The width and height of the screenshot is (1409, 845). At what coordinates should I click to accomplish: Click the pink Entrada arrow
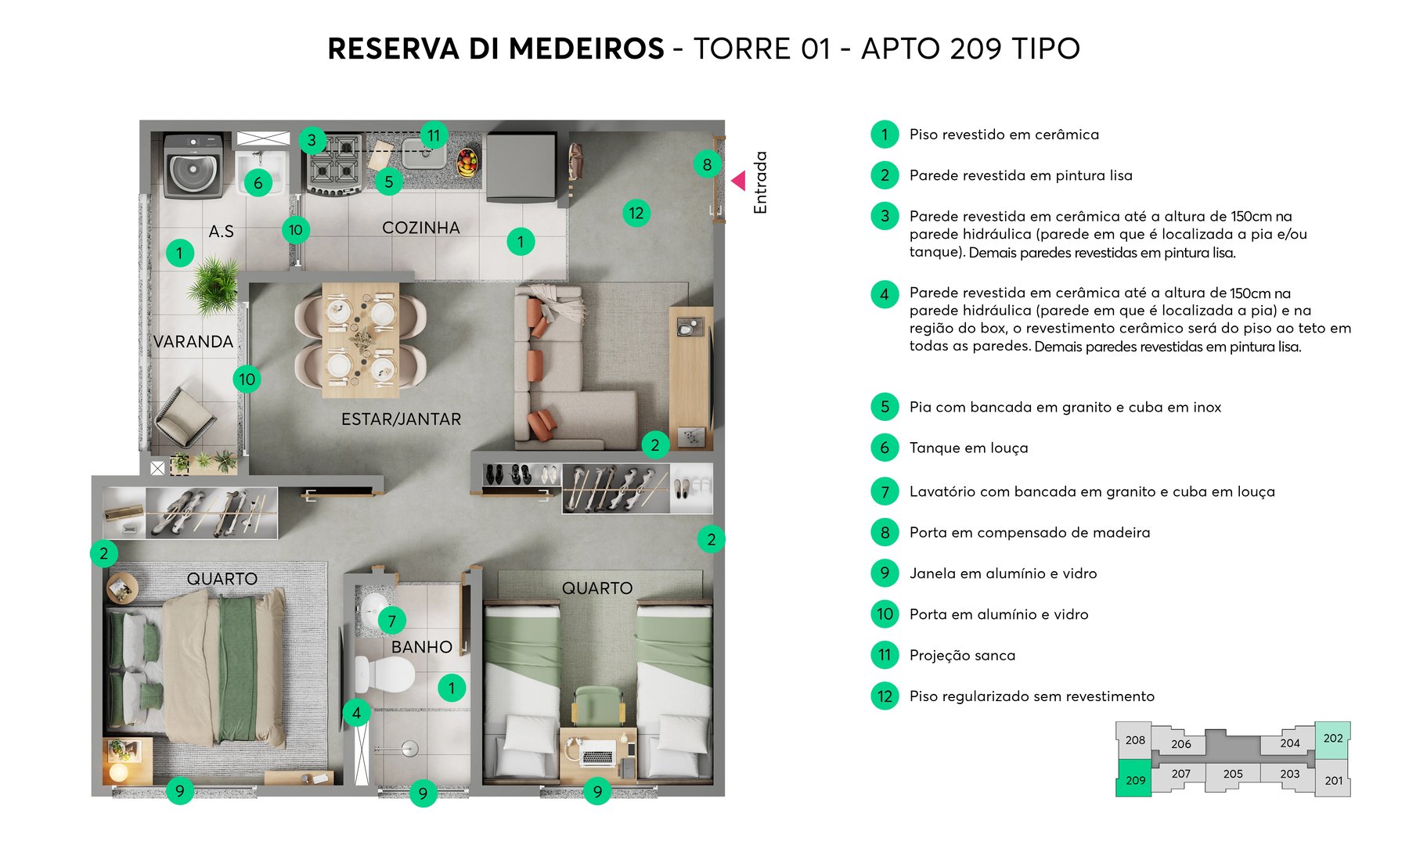pyautogui.click(x=738, y=181)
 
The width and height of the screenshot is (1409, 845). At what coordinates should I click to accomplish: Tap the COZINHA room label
pyautogui.click(x=420, y=228)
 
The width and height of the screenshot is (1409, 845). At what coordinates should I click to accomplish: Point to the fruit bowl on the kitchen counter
pyautogui.click(x=467, y=162)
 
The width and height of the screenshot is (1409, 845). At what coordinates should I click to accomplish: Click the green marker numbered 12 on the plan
pyautogui.click(x=636, y=213)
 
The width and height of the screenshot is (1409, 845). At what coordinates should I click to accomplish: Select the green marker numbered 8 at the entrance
pyautogui.click(x=707, y=164)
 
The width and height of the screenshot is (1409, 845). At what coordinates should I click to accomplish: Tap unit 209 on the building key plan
pyautogui.click(x=1134, y=778)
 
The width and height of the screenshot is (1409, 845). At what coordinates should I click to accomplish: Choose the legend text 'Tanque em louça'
pyautogui.click(x=968, y=448)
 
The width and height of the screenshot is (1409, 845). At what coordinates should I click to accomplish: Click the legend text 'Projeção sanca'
pyautogui.click(x=962, y=656)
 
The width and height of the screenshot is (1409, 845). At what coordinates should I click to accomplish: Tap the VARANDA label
pyautogui.click(x=193, y=342)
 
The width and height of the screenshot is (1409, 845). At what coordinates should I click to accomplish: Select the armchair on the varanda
pyautogui.click(x=184, y=415)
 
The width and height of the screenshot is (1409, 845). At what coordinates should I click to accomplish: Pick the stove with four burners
pyautogui.click(x=335, y=165)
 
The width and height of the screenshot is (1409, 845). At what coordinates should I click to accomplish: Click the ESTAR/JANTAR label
pyautogui.click(x=401, y=419)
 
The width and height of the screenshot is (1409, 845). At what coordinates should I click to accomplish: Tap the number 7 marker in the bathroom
pyautogui.click(x=391, y=621)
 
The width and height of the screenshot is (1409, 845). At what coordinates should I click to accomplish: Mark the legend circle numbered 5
pyautogui.click(x=885, y=407)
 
